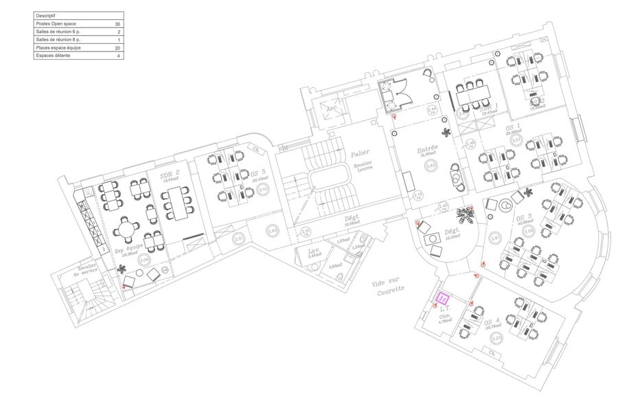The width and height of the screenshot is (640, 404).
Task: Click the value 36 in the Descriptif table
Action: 117,23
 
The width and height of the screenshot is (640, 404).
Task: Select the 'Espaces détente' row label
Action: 53,56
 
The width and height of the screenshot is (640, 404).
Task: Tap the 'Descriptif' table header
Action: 46,15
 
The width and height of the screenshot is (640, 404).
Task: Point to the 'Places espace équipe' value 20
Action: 117,48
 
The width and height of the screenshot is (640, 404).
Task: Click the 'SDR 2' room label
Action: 170,176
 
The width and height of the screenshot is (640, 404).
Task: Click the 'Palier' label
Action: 361,155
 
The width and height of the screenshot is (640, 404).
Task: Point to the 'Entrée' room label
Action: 428,148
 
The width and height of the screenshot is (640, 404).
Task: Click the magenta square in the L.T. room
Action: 444,298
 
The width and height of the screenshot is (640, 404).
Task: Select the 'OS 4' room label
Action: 492,322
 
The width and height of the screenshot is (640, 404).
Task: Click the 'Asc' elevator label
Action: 331,108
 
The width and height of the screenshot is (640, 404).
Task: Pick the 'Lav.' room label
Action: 314,251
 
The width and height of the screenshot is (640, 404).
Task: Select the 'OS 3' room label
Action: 524,218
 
